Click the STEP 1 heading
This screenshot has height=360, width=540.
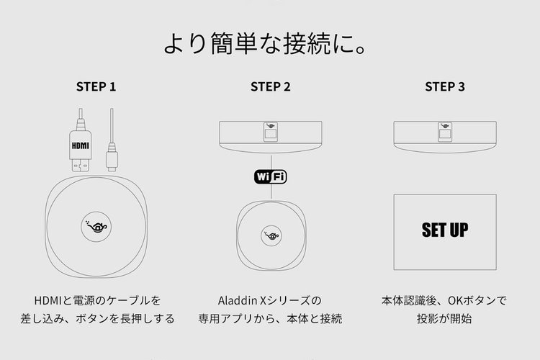pos(96,87)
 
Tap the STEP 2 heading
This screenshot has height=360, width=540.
pos(270,87)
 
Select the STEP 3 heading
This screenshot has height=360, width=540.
pos(445,87)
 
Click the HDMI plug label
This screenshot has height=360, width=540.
pos(80,145)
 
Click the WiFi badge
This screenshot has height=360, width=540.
pos(270,177)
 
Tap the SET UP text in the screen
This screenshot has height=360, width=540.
pos(445,230)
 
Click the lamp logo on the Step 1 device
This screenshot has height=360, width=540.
pos(96,226)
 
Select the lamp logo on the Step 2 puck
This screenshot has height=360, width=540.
pos(271,235)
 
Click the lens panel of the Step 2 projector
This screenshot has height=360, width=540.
pos(271,132)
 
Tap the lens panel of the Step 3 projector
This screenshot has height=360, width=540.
pos(445,132)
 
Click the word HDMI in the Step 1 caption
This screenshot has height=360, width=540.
pos(48,301)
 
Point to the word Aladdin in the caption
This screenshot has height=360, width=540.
pos(238,301)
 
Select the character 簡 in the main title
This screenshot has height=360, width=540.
pos(222,44)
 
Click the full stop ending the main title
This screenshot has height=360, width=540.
pos(361,50)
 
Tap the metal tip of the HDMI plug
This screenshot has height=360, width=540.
pos(80,166)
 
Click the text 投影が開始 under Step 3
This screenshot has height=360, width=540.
pos(444,319)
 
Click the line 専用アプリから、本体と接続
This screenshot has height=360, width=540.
pos(270,319)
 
